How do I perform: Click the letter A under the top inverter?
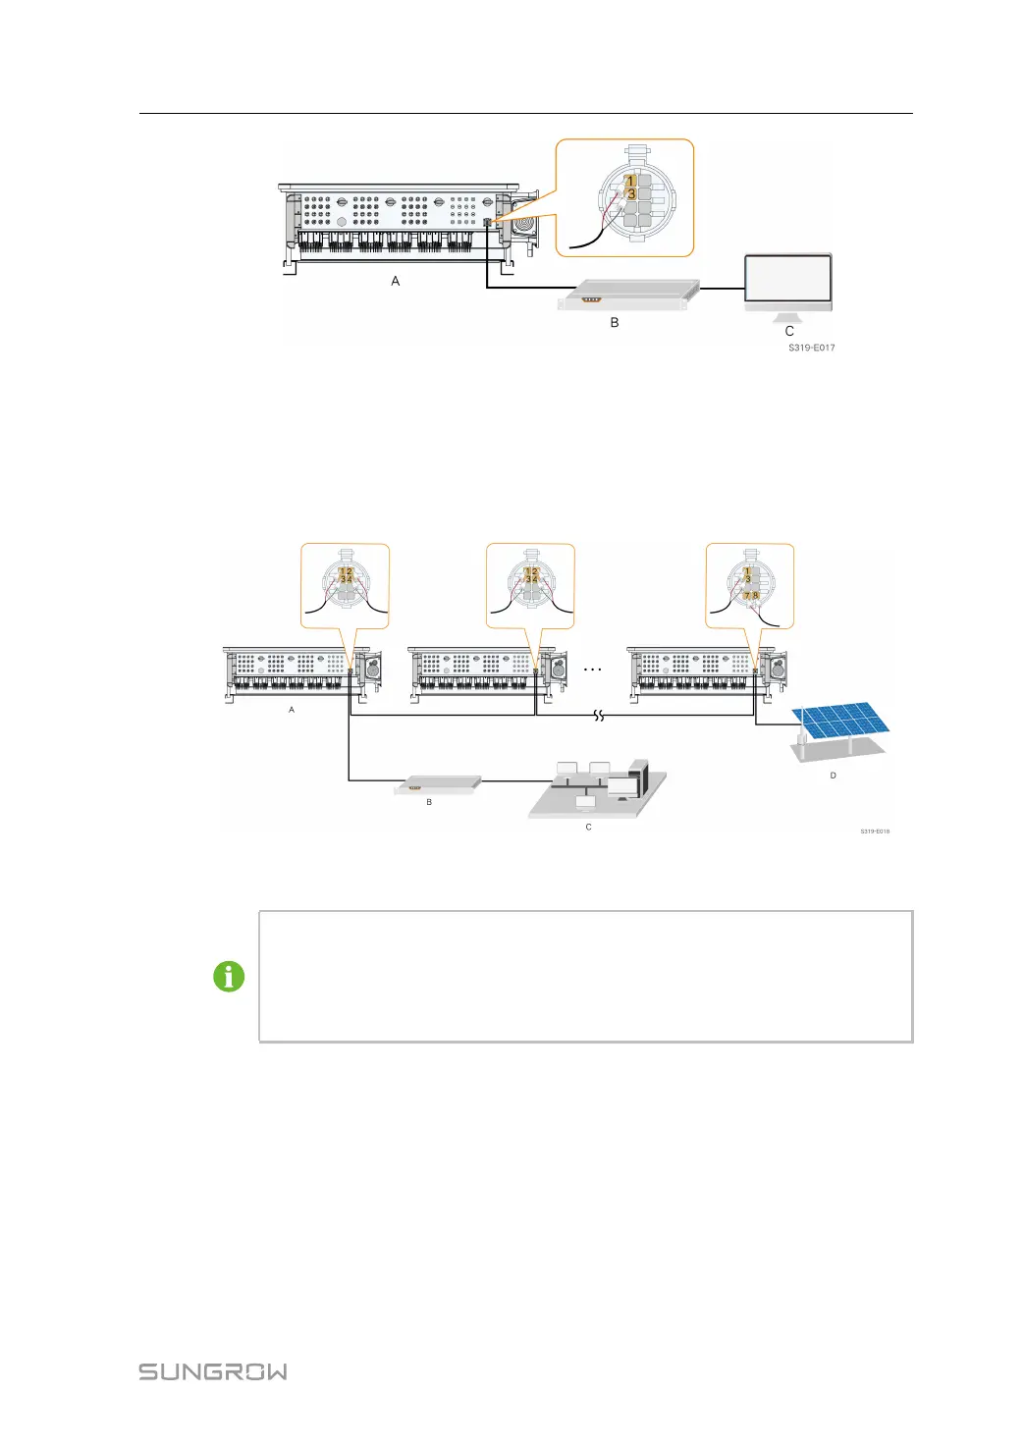(396, 281)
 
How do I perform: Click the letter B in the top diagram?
(615, 322)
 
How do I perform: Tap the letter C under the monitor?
(789, 331)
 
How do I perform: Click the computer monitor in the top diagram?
(787, 280)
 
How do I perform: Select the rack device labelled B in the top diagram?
(628, 294)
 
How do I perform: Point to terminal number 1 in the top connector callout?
(631, 181)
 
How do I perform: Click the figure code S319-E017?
(812, 348)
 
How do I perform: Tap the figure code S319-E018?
(875, 831)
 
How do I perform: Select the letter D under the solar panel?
(834, 776)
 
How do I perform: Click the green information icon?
(229, 977)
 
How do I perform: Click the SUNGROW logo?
(213, 1371)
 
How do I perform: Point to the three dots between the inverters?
(593, 670)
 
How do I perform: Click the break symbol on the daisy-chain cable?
(598, 717)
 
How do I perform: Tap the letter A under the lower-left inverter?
(292, 710)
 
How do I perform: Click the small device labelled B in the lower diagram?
(439, 784)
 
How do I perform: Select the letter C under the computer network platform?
(589, 827)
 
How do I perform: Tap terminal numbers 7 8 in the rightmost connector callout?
(751, 596)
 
